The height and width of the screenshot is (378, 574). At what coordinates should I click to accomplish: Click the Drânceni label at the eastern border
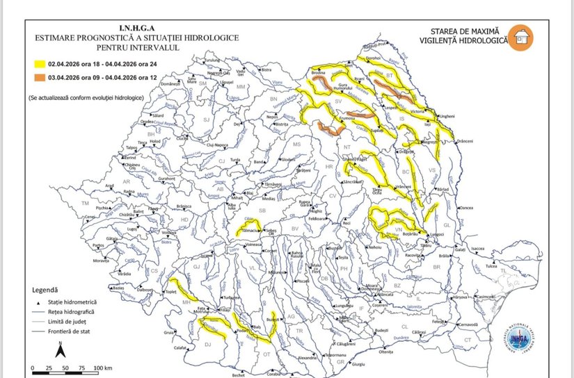pos(465,142)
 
